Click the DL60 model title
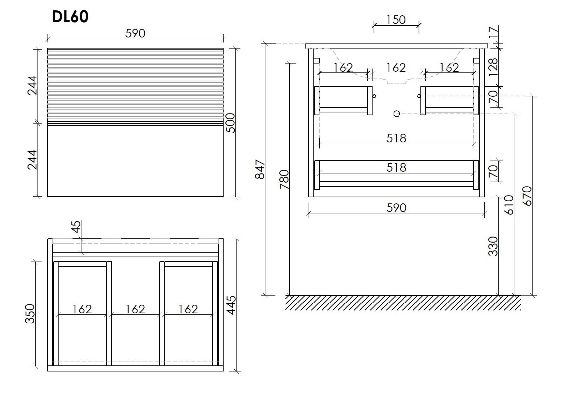(x=70, y=17)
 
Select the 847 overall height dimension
(x=260, y=169)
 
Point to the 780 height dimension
(x=284, y=179)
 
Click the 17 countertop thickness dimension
(x=493, y=32)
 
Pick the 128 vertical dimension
(x=493, y=67)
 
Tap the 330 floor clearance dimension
(x=493, y=246)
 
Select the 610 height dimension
(x=509, y=205)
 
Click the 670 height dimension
(x=527, y=196)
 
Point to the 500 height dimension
(x=230, y=123)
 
